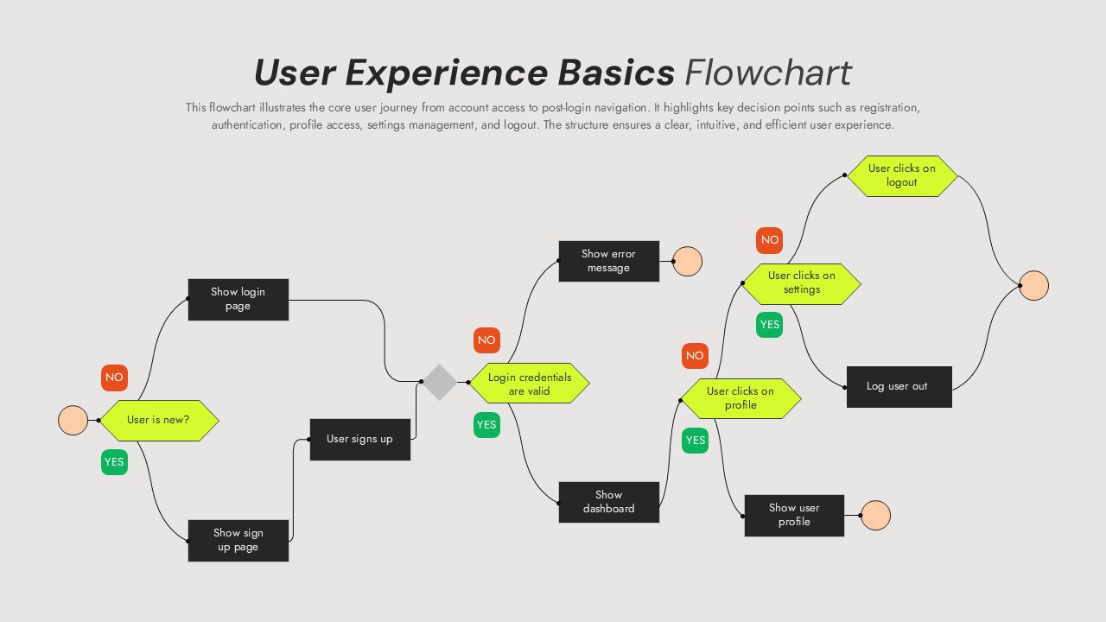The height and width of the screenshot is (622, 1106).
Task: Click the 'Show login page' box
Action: [238, 299]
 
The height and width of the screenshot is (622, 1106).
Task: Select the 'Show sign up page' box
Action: [238, 540]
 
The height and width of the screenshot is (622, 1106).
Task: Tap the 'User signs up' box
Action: [359, 439]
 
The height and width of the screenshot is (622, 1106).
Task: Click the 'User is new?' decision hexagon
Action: [159, 420]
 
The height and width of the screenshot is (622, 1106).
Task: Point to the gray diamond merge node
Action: [439, 382]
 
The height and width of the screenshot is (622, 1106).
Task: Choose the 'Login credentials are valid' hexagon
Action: [529, 384]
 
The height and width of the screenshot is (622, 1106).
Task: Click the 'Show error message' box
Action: [608, 261]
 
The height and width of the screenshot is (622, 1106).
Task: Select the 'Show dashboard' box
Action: [608, 502]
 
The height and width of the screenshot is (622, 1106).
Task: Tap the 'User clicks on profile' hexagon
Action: [741, 398]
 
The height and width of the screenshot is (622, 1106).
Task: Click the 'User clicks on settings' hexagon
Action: [801, 283]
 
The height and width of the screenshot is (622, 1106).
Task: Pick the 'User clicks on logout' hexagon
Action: [901, 175]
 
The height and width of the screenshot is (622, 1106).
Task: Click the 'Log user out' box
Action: [899, 386]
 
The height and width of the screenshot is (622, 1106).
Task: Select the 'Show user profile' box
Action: [793, 515]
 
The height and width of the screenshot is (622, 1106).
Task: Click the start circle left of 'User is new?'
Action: [73, 420]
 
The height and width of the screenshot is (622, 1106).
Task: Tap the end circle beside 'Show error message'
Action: [687, 261]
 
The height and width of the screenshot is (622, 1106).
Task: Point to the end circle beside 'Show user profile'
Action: [875, 515]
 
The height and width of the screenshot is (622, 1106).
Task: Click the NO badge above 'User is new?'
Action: [114, 378]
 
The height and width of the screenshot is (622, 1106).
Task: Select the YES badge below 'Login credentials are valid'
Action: [486, 425]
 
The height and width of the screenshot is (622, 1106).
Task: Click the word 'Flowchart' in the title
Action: [767, 73]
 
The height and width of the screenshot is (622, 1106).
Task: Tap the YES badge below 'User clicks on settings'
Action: [769, 325]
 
